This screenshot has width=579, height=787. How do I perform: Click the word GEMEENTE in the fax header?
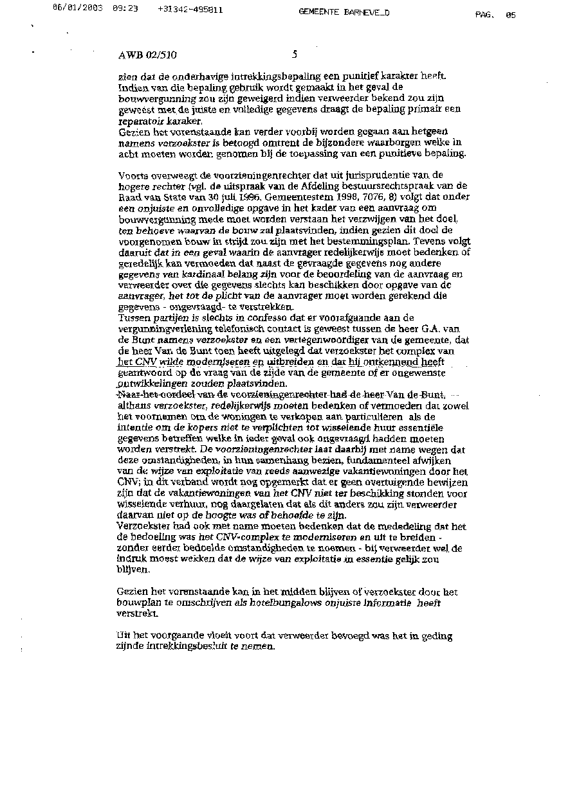[x=320, y=12]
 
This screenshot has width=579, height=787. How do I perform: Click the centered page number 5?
[x=294, y=55]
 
